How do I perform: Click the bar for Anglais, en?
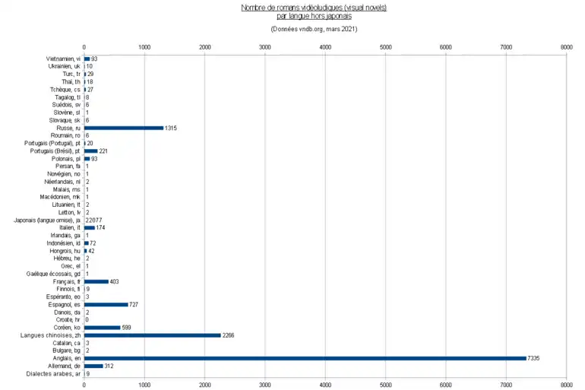click(x=305, y=358)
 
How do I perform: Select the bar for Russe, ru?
click(x=124, y=128)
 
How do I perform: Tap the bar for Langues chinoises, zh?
click(x=152, y=335)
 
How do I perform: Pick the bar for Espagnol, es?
click(x=106, y=304)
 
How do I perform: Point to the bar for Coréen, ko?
click(x=102, y=327)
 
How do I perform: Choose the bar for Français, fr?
click(x=96, y=281)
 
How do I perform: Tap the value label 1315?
click(x=172, y=128)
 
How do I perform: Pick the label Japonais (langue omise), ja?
click(x=47, y=220)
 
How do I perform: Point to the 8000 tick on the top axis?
click(x=566, y=47)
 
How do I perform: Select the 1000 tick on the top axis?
click(x=144, y=47)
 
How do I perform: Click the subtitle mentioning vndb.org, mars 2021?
click(x=313, y=29)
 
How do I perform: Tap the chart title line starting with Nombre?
click(x=313, y=7)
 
